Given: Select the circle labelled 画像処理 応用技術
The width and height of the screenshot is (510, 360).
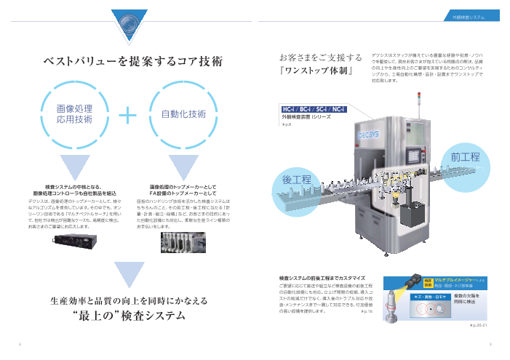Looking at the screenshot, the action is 74,114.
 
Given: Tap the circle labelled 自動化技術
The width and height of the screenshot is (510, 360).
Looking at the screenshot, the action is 183,114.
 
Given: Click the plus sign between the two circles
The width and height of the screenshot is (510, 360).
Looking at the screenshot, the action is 129,115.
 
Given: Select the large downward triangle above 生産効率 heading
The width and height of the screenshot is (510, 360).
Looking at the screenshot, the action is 129,275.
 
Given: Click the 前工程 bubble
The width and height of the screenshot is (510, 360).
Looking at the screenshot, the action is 465,157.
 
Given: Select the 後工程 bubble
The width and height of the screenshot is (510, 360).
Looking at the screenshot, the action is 295,179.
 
